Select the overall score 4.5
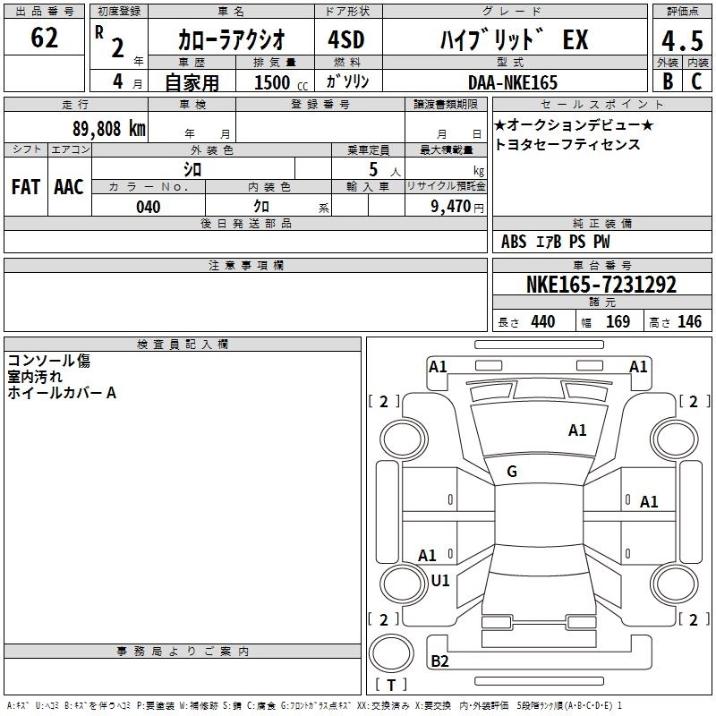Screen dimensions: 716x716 click(x=681, y=42)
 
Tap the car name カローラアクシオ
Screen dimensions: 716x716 click(x=232, y=40)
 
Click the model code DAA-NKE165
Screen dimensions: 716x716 click(x=512, y=82)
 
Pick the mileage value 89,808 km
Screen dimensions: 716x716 click(x=108, y=128)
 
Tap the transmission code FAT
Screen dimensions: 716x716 click(x=25, y=186)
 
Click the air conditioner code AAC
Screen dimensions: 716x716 click(x=69, y=186)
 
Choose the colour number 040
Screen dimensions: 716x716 click(x=148, y=207)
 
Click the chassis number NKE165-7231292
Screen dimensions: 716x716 click(x=601, y=286)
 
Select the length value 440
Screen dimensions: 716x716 click(x=542, y=322)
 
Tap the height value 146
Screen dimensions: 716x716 click(x=689, y=322)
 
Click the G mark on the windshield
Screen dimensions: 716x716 click(x=512, y=471)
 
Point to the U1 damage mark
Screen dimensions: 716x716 click(x=439, y=580)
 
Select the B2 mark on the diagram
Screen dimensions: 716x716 click(x=439, y=661)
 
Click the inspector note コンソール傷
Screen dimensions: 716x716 click(x=48, y=361)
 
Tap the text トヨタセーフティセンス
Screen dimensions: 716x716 click(x=567, y=144)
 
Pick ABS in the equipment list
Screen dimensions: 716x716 click(x=514, y=242)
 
